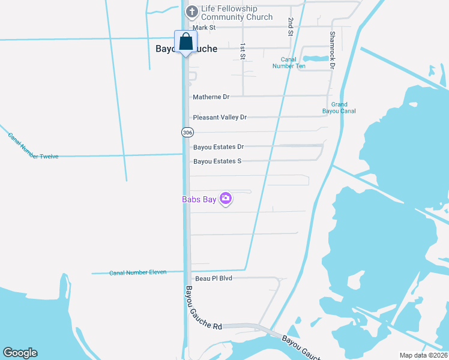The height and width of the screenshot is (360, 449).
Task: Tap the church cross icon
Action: coord(191,11)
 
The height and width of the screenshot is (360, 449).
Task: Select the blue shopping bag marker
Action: coord(185,42)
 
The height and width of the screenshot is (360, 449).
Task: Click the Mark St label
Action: coord(204,28)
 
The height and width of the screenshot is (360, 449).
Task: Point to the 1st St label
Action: coord(243,51)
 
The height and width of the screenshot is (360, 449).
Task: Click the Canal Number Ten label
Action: coord(293,62)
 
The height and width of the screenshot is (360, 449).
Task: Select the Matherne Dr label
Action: coord(211,97)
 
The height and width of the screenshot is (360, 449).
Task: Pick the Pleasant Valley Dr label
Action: coord(220,117)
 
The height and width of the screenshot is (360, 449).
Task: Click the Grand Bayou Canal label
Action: coord(339,108)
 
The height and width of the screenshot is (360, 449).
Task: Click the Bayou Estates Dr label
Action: coord(218,147)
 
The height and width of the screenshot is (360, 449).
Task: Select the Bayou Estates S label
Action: coord(217,161)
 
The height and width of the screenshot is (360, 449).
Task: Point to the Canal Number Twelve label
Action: coord(33,146)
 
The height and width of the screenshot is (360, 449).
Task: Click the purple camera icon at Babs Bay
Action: coord(226,198)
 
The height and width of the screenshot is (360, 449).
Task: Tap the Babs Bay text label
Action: coord(199,200)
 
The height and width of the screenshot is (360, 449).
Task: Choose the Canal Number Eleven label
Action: coord(137,272)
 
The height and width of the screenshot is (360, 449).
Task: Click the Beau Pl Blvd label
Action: coord(214,279)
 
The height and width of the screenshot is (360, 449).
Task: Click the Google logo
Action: coord(20,353)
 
